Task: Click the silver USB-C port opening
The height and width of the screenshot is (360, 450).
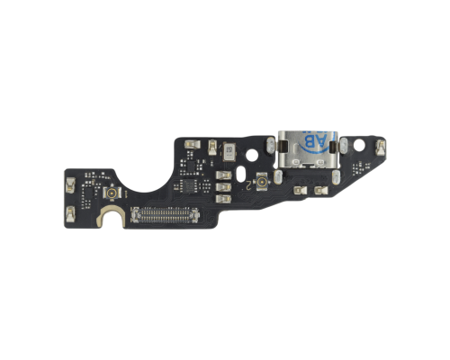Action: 307,154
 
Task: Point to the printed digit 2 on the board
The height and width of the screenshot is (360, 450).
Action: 245,184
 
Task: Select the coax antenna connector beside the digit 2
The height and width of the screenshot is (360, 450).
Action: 260,183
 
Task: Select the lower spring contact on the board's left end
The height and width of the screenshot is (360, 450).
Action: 67,211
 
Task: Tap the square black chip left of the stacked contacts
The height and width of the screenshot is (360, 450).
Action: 191,184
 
